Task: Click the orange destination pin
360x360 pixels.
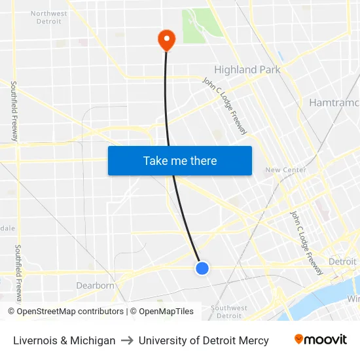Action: (166, 40)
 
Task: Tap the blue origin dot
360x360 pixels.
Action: (202, 268)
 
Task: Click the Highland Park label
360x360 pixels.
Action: (247, 69)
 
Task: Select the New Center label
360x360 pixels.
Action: (285, 170)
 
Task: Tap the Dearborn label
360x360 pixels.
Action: (96, 285)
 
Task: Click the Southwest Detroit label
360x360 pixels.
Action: (229, 312)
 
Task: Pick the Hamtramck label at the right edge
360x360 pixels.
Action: (334, 103)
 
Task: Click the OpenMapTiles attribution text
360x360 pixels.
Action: (165, 312)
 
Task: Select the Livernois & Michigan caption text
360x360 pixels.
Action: (64, 340)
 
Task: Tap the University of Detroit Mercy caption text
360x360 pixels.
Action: (204, 340)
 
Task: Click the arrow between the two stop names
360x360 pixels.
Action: (127, 340)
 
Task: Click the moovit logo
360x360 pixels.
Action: (320, 339)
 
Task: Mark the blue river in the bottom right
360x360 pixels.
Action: (314, 305)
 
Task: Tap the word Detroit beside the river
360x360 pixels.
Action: (342, 262)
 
